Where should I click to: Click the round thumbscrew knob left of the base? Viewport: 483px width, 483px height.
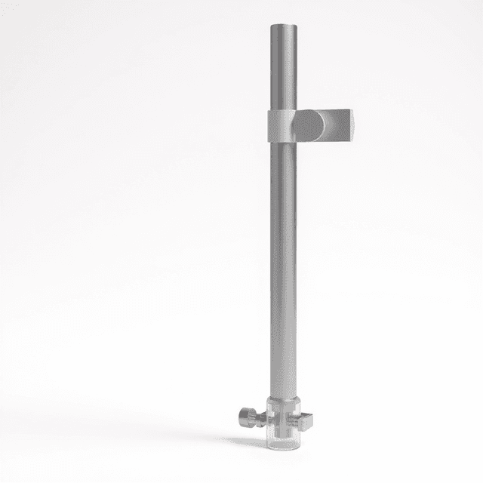coord(246,416)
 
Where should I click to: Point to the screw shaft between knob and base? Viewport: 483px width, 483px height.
coord(260,417)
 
